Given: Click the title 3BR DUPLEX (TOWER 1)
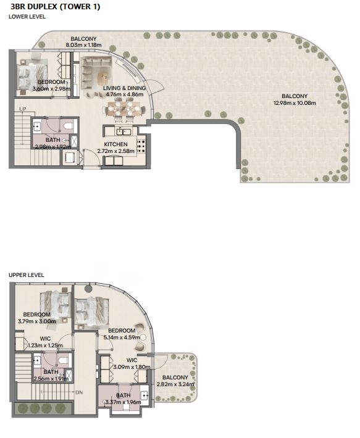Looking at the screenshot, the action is tap(55, 6).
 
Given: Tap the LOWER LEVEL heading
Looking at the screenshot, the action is tap(27, 17).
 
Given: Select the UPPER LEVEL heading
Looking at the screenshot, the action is tap(27, 275).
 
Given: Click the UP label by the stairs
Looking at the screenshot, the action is tap(23, 109).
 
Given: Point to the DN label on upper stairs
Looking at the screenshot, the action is tap(79, 392).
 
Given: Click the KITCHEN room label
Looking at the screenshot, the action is tap(115, 144).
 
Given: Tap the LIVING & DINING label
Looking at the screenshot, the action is tap(125, 88).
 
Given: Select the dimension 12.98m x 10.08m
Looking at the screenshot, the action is tap(295, 103).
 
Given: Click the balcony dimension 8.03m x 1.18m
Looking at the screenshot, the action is tap(83, 44).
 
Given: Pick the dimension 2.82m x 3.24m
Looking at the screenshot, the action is tap(175, 384).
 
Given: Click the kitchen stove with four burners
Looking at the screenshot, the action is tap(141, 146).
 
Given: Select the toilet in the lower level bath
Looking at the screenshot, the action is tap(69, 126).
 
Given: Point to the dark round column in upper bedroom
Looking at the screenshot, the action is tap(89, 289).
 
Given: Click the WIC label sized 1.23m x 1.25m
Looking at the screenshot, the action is tap(45, 339).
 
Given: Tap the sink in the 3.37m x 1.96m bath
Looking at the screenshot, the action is tap(144, 395).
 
